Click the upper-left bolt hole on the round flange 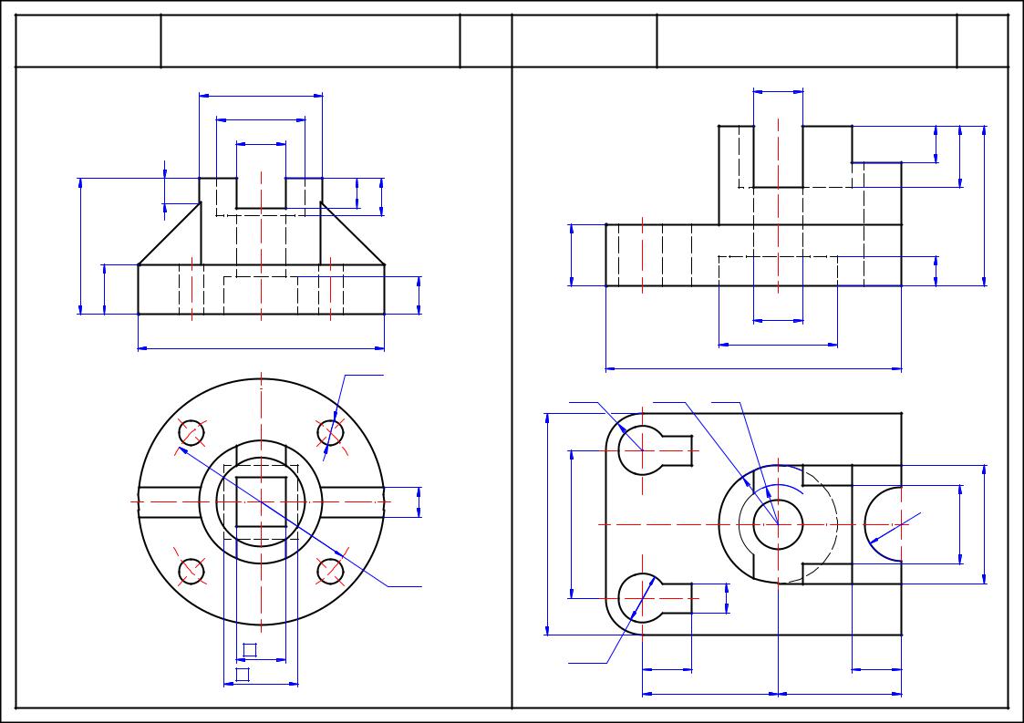click(x=191, y=432)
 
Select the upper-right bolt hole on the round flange click(x=330, y=432)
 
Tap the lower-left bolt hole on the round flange click(x=191, y=571)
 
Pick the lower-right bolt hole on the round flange click(x=330, y=571)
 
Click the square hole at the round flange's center click(x=261, y=501)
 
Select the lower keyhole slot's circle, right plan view click(x=642, y=599)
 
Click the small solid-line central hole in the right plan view click(x=778, y=525)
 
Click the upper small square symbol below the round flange click(x=250, y=650)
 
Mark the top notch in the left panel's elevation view click(x=261, y=192)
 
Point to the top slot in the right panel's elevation click(x=778, y=156)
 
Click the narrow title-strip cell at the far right click(x=982, y=40)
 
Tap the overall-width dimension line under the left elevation click(x=261, y=347)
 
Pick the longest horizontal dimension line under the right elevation click(x=753, y=369)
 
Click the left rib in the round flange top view click(x=170, y=501)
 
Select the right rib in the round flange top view click(x=352, y=501)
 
